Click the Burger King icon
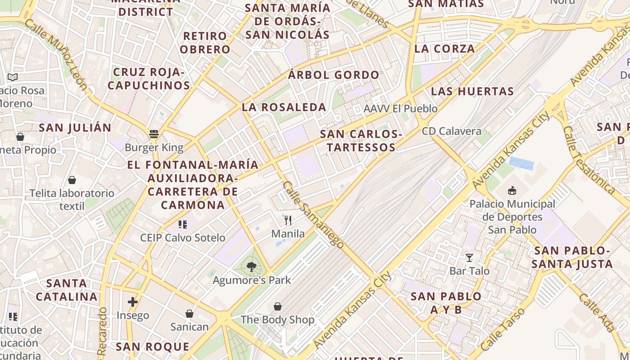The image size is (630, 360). [x=154, y=134]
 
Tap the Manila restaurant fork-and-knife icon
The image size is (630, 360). [x=288, y=220]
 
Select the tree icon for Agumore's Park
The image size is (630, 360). [x=252, y=267]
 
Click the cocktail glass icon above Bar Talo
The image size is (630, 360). [x=469, y=258]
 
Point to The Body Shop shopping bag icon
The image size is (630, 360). [x=278, y=306]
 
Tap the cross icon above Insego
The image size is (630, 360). [x=133, y=302]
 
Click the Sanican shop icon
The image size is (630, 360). [x=189, y=313]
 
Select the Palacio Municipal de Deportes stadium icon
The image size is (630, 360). [x=512, y=191]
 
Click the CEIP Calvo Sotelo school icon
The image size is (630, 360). [x=182, y=224]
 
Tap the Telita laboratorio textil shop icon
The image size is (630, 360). [x=72, y=180]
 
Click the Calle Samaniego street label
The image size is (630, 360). [x=313, y=215]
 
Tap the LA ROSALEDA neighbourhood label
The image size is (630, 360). [x=284, y=107]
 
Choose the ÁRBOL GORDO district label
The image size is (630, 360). [x=333, y=75]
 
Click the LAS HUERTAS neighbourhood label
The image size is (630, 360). [x=472, y=91]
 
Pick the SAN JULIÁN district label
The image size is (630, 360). [x=75, y=128]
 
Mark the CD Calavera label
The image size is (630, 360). [x=451, y=131]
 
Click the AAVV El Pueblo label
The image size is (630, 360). [x=400, y=109]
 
